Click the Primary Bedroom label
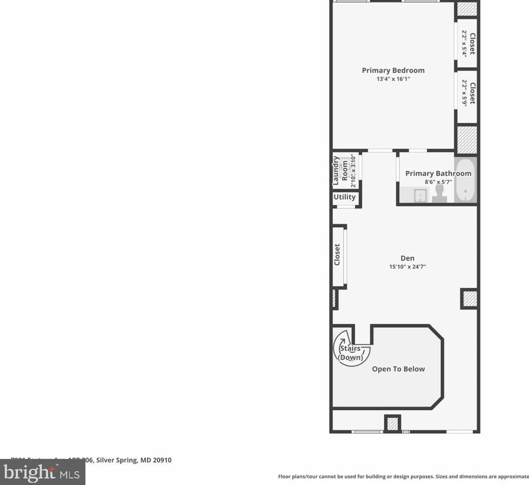pos(393,70)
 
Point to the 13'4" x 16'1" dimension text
pos(393,79)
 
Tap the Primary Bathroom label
pos(438,173)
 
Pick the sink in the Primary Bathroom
pos(420,195)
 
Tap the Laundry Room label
pos(340,170)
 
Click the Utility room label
pos(345,197)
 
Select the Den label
pos(407,258)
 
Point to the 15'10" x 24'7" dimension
pos(407,267)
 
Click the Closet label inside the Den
pos(337,255)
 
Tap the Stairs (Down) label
pos(350,353)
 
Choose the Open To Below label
pos(398,369)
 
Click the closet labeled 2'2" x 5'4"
pos(468,43)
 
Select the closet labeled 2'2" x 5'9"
pos(468,93)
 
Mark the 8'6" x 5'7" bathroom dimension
pos(438,182)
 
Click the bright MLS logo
pos(42,472)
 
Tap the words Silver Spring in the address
pos(117,460)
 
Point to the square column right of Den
pos(469,298)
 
